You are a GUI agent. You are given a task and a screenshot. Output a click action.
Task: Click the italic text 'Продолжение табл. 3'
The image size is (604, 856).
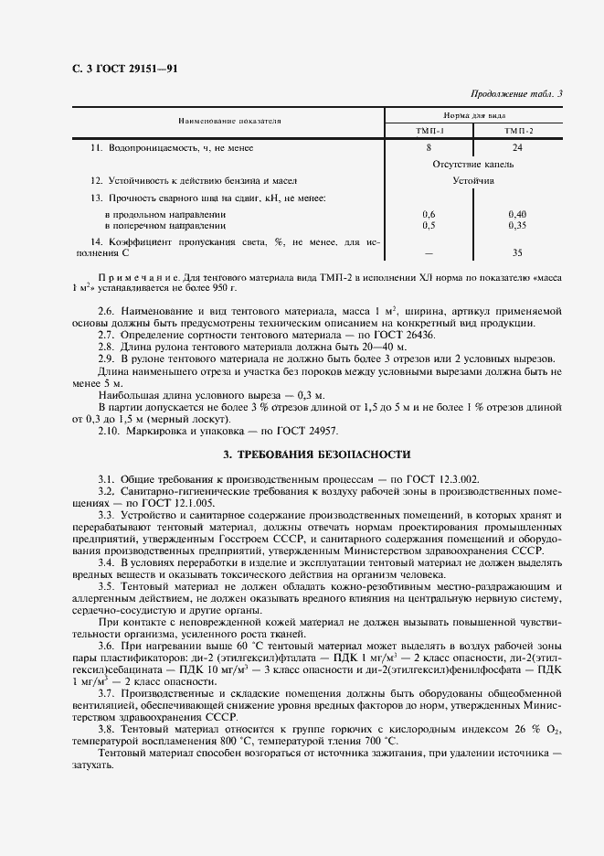click(x=516, y=93)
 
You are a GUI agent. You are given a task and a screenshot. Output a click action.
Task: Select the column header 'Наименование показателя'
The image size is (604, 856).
click(x=217, y=121)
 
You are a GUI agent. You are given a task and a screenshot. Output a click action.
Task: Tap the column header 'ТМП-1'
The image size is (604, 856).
click(x=429, y=132)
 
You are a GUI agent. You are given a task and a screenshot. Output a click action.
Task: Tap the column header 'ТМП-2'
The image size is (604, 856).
click(x=518, y=132)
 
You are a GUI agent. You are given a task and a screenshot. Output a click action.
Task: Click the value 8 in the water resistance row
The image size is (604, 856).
click(x=429, y=147)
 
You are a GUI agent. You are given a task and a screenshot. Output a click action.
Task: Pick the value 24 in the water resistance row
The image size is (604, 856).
click(x=518, y=147)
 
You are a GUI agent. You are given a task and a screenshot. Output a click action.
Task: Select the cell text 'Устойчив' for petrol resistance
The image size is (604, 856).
click(x=473, y=181)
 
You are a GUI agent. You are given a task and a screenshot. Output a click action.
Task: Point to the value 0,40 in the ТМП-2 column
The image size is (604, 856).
click(x=518, y=214)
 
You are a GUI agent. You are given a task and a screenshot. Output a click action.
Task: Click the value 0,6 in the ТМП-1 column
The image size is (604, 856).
click(x=429, y=214)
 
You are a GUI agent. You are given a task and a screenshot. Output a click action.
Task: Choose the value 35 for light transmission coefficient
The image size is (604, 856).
click(x=518, y=252)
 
